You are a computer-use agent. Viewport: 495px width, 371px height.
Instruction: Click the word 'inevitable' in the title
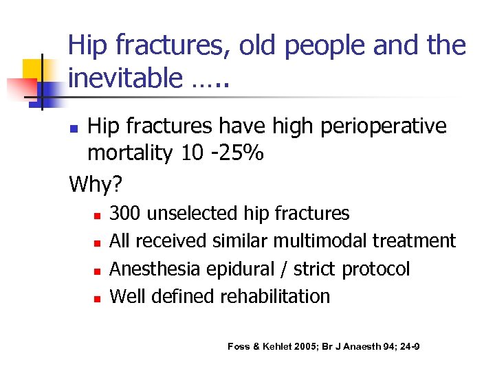click(124, 78)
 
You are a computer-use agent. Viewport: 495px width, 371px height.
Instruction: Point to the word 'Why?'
click(96, 183)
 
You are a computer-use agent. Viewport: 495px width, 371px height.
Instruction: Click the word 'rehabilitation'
click(275, 296)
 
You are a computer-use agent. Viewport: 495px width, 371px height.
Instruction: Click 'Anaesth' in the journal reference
click(366, 346)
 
